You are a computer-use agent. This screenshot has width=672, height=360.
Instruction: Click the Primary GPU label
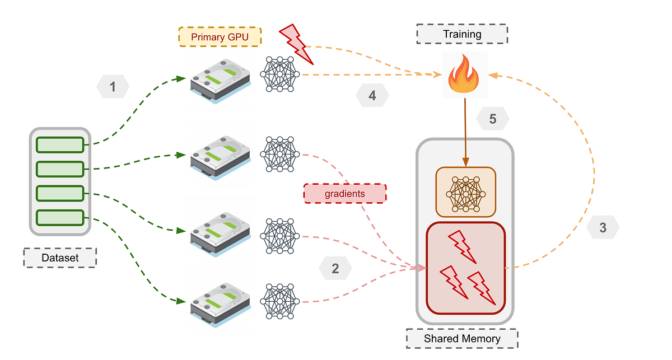220,37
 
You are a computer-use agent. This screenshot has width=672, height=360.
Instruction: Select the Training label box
462,34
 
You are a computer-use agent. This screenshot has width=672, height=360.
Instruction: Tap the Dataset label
60,258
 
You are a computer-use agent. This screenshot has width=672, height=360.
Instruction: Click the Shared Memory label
462,338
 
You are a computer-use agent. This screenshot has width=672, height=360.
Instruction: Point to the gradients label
344,193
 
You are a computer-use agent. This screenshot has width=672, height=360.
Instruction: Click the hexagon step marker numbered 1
113,87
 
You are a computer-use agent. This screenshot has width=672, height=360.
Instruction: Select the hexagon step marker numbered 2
335,268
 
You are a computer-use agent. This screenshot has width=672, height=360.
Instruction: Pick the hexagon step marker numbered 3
603,228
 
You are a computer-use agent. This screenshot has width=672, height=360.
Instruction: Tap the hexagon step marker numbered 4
372,96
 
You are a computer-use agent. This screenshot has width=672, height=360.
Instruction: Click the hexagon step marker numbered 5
493,119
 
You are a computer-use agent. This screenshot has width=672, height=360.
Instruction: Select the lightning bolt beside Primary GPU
295,43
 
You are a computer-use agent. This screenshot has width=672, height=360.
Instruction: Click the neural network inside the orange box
465,191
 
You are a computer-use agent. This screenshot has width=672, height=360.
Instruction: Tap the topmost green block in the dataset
60,144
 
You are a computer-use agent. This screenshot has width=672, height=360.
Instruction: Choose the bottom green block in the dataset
60,217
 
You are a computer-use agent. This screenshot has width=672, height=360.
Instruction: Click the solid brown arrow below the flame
465,132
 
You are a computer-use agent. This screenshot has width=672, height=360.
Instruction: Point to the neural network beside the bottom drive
281,301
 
